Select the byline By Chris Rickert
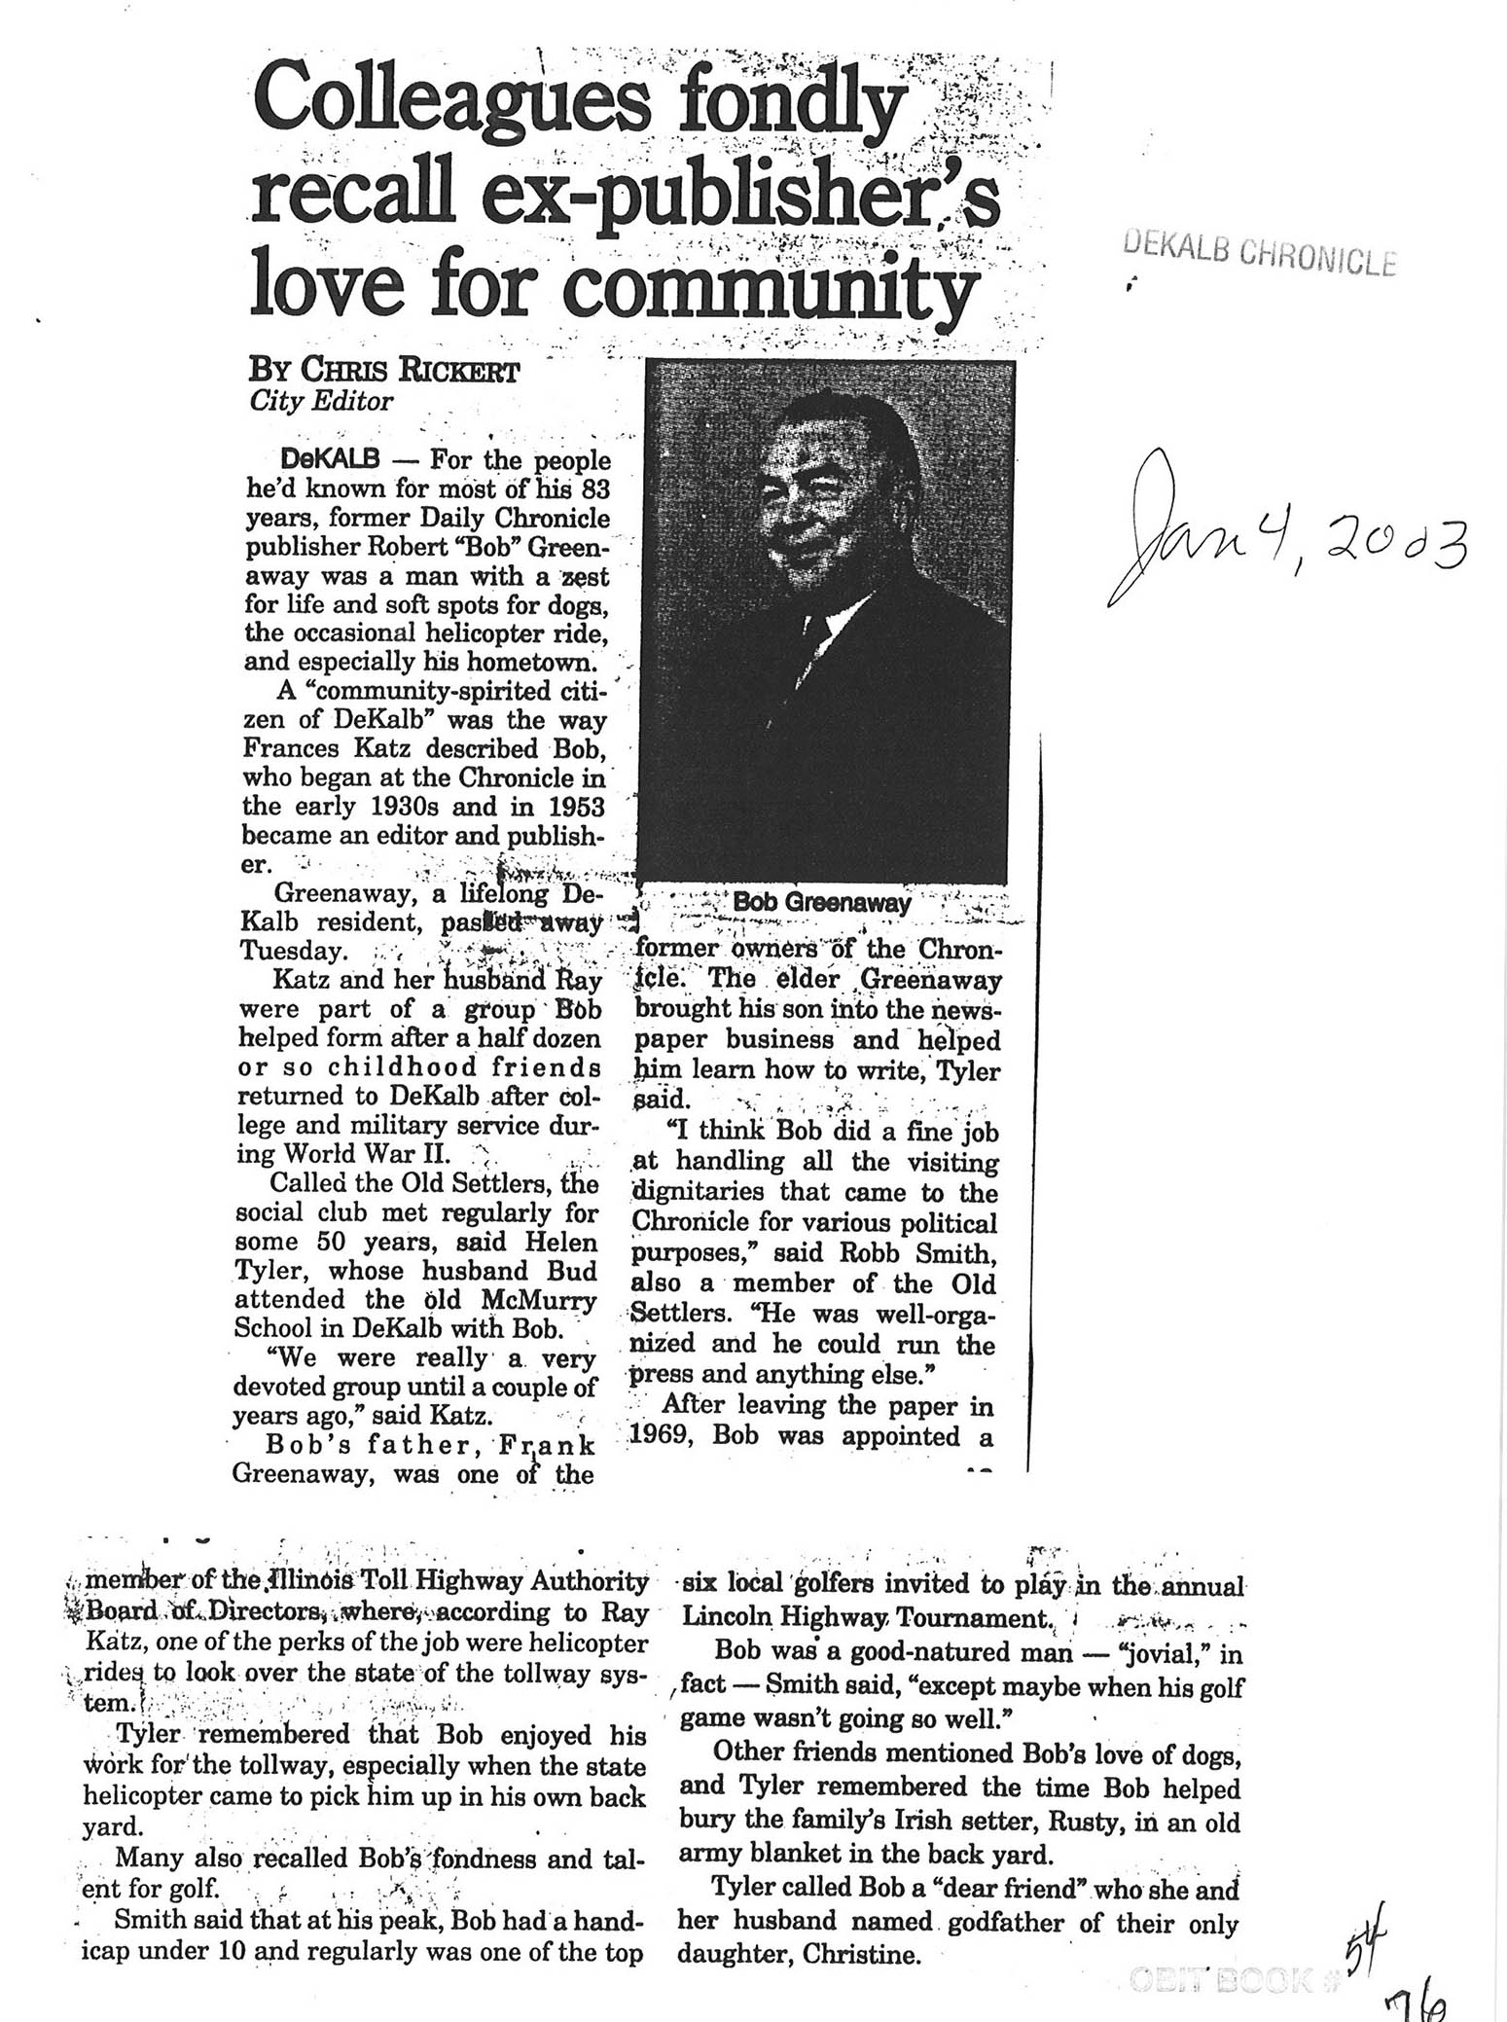(384, 371)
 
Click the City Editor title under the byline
(321, 401)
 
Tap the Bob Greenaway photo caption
(822, 902)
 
